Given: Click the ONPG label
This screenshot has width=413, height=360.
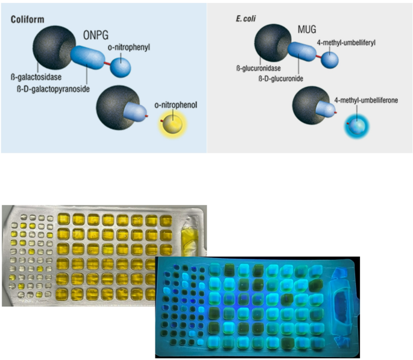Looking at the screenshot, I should pos(95,34).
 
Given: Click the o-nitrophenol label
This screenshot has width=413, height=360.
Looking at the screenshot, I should pos(175,104).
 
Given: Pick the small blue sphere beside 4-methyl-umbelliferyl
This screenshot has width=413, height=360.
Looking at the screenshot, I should pos(329,59).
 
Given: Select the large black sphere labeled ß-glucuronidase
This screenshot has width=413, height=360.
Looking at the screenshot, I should pos(273,43).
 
